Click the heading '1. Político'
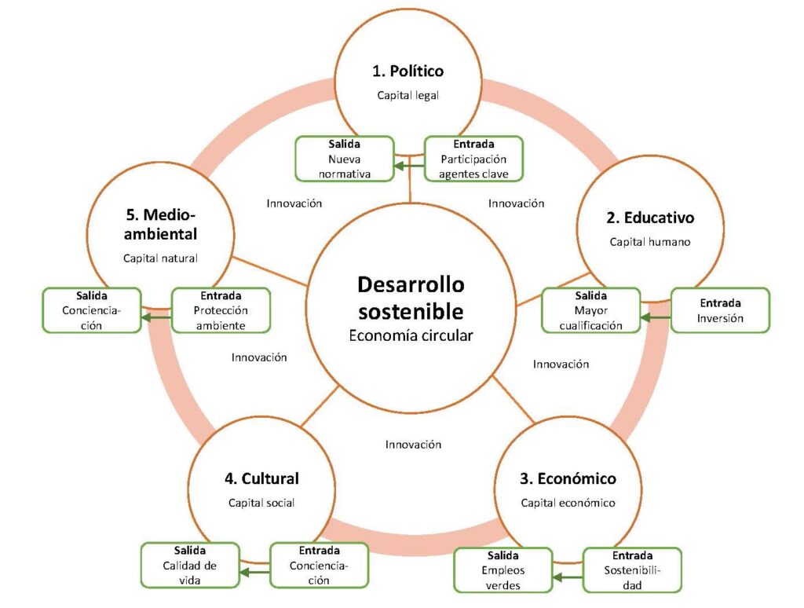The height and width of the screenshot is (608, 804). pyautogui.click(x=407, y=71)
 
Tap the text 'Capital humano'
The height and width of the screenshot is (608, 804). pyautogui.click(x=649, y=242)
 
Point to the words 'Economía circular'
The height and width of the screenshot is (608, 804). pyautogui.click(x=411, y=335)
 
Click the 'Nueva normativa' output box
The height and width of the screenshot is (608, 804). pyautogui.click(x=344, y=159)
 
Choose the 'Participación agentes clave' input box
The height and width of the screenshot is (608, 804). pyautogui.click(x=473, y=159)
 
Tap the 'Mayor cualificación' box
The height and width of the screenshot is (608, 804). pyautogui.click(x=591, y=311)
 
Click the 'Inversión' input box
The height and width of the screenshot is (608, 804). pyautogui.click(x=720, y=311)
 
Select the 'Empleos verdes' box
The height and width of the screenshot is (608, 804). pyautogui.click(x=503, y=570)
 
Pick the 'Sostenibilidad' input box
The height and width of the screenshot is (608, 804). pyautogui.click(x=632, y=570)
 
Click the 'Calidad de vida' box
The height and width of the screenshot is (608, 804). pyautogui.click(x=189, y=565)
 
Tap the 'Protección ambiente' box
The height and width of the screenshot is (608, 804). pyautogui.click(x=221, y=311)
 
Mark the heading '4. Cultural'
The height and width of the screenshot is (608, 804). pyautogui.click(x=261, y=478)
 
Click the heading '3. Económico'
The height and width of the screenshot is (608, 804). pyautogui.click(x=568, y=478)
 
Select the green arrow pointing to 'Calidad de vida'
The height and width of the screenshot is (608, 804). pyautogui.click(x=254, y=573)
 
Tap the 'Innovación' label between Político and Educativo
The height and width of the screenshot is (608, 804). pyautogui.click(x=516, y=203)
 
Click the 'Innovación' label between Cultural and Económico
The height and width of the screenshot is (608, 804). pyautogui.click(x=413, y=445)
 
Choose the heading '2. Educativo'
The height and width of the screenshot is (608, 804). pyautogui.click(x=649, y=218)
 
